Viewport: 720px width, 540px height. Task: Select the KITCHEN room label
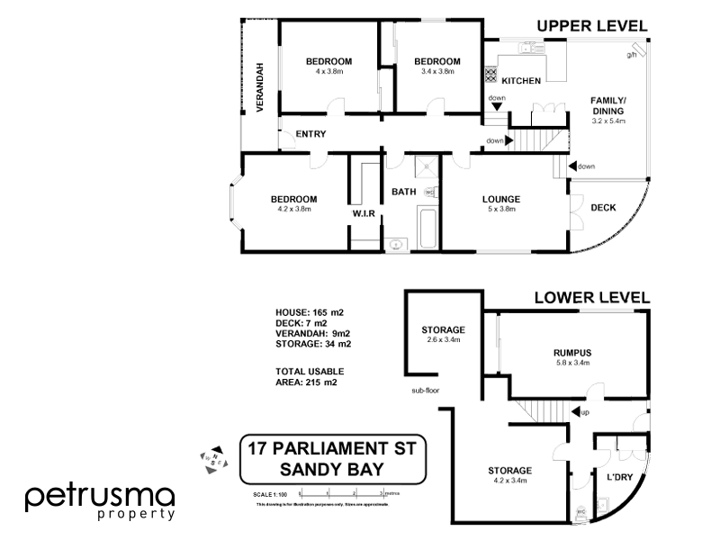coord(521,81)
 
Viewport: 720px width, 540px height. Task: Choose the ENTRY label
coord(310,134)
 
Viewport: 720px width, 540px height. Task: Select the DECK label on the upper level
coord(603,208)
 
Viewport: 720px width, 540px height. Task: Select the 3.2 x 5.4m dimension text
coord(608,121)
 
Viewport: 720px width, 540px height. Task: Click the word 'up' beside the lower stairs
coord(586,413)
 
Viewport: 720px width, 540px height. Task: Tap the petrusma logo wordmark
coord(98,497)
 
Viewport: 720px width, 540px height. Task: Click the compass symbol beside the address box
coord(212,456)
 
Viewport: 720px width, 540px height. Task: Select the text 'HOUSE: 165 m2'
coord(310,312)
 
